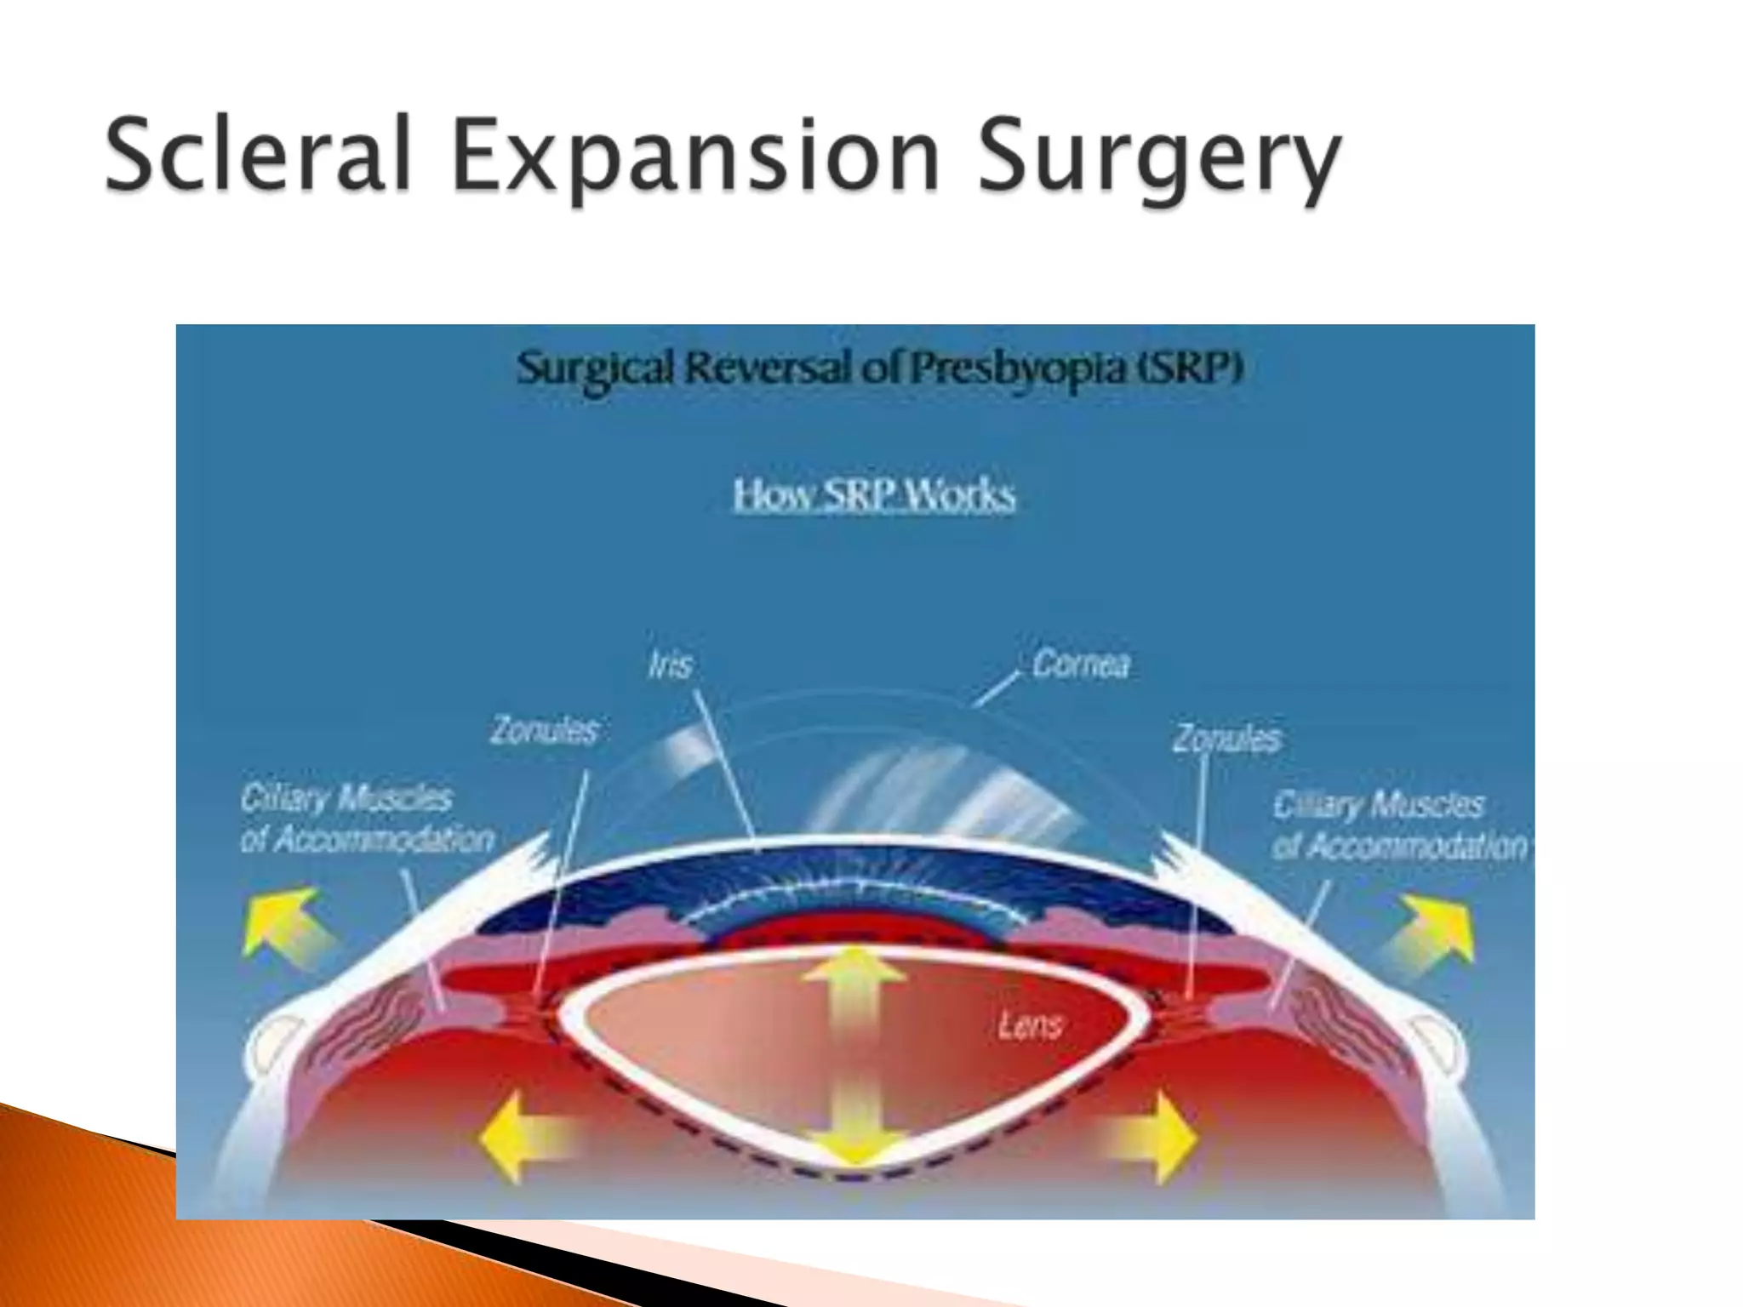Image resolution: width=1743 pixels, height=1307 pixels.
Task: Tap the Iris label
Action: [x=670, y=665]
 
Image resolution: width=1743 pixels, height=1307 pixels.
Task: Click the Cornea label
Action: [x=1081, y=664]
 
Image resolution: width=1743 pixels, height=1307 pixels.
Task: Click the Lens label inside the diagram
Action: [x=1031, y=1026]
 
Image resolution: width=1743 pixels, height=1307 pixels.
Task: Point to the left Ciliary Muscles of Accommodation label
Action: [x=366, y=819]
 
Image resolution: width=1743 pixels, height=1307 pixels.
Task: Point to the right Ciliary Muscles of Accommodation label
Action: [x=1396, y=825]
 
